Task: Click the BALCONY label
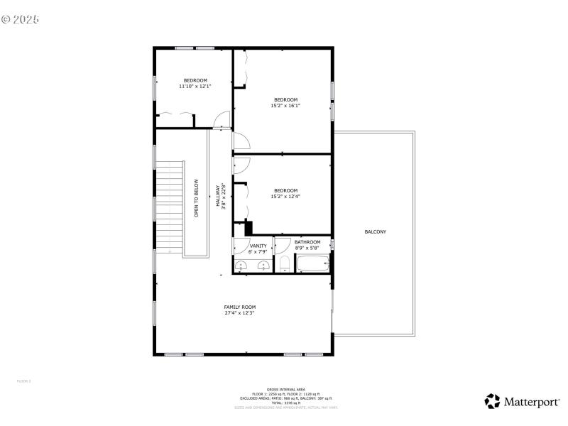point(376,232)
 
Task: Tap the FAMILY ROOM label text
point(240,307)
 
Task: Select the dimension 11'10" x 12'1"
point(195,87)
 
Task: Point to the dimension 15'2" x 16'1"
point(285,106)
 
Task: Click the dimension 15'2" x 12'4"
point(285,197)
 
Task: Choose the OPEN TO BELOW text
point(197,202)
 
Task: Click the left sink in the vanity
point(241,266)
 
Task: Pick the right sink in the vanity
point(263,266)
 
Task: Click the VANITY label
point(258,246)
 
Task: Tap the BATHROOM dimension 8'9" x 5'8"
point(307,248)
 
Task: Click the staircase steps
point(170,206)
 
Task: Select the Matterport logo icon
point(492,402)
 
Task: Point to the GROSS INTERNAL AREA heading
point(286,389)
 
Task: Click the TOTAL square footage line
point(286,403)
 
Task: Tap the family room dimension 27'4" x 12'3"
point(240,312)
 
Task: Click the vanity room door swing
point(238,245)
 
